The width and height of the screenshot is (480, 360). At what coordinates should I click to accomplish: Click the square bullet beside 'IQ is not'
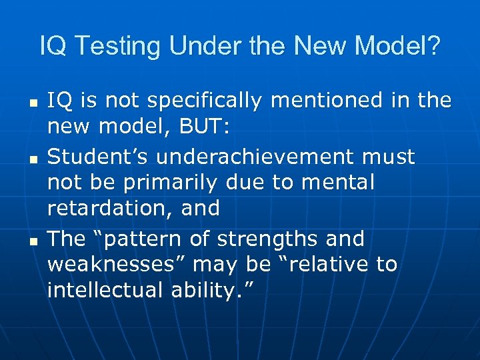coord(32,103)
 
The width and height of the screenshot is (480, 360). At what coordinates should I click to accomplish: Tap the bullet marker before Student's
coord(32,159)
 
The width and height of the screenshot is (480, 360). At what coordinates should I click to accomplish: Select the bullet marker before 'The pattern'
coord(32,241)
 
